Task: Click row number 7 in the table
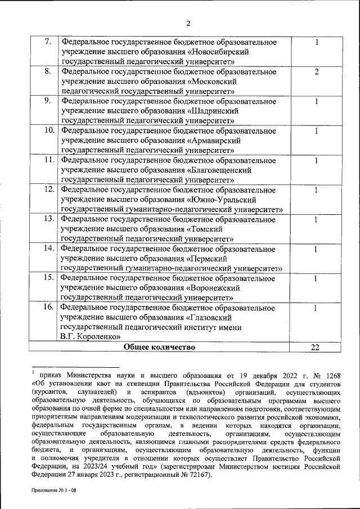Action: (48, 42)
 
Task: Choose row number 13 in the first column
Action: (49, 219)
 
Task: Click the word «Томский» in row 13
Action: (210, 229)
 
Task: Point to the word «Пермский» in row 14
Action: (213, 258)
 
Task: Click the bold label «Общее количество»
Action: (159, 347)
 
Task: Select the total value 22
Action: (316, 348)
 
